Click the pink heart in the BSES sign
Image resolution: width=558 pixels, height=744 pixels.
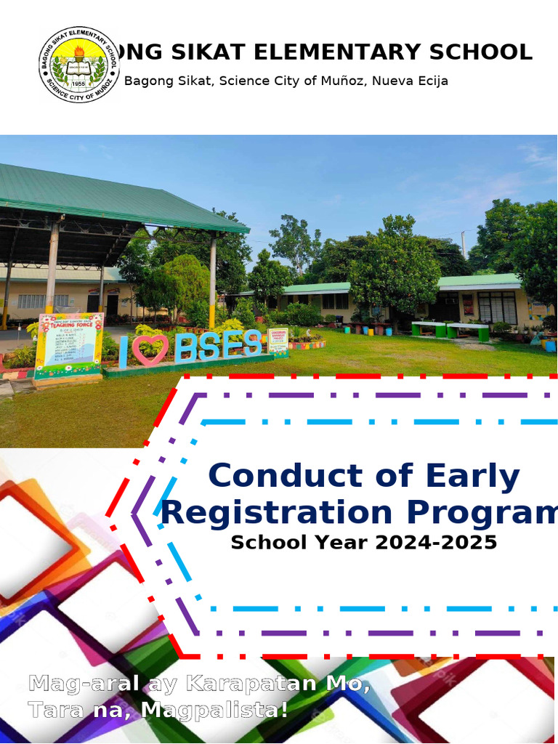[151, 349]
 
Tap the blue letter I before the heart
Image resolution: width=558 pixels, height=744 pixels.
[124, 351]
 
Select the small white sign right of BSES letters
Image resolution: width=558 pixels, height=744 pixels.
[278, 339]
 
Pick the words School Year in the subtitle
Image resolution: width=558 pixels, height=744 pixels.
[299, 542]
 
